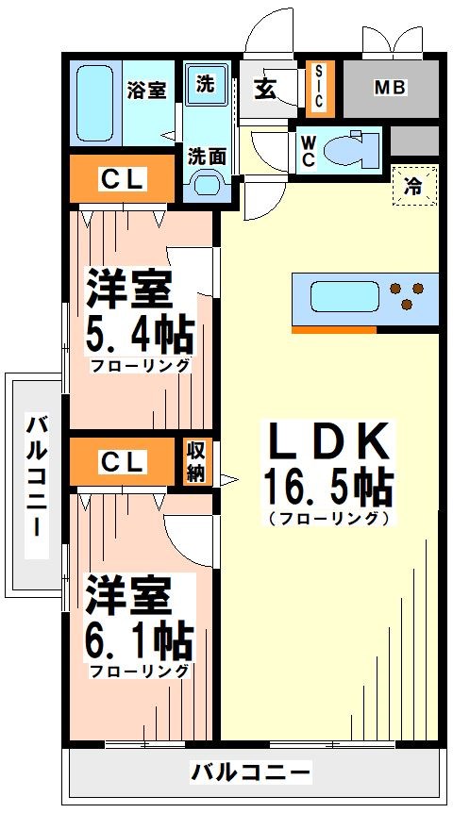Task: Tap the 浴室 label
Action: pos(146,91)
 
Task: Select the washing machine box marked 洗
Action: pos(206,84)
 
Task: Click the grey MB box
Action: pos(390,89)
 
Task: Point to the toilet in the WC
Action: pos(354,147)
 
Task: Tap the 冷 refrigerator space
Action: pos(413,185)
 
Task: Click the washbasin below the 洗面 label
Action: pos(206,188)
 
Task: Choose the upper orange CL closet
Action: pos(123,179)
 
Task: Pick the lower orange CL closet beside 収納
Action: pos(123,462)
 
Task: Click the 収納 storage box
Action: pos(195,462)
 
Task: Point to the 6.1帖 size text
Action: pos(141,641)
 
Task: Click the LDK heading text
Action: pos(327,441)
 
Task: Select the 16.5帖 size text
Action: pos(327,488)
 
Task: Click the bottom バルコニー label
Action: pos(250,773)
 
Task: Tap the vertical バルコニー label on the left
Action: pos(35,476)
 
